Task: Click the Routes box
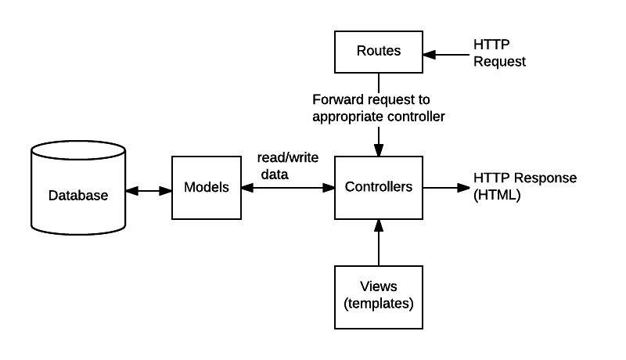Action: [x=379, y=52]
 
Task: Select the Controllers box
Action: [x=379, y=188]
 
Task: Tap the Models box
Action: [x=206, y=188]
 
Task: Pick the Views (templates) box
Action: [x=379, y=297]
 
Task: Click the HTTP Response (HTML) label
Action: [x=525, y=186]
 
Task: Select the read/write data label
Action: [x=288, y=166]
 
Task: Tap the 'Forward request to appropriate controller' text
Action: [x=379, y=108]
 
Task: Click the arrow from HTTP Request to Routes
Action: [x=446, y=54]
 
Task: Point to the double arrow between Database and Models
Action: [x=149, y=189]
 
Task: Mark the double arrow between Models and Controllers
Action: [x=288, y=188]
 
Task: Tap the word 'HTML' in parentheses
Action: [x=497, y=195]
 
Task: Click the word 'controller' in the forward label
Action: [x=416, y=117]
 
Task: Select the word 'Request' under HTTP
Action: [x=500, y=61]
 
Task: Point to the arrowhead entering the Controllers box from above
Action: [x=379, y=149]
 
